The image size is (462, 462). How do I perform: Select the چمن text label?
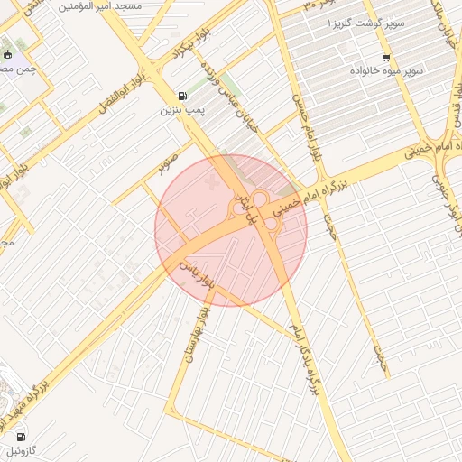click(x=20, y=69)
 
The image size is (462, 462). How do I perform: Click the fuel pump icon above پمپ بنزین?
click(x=183, y=96)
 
